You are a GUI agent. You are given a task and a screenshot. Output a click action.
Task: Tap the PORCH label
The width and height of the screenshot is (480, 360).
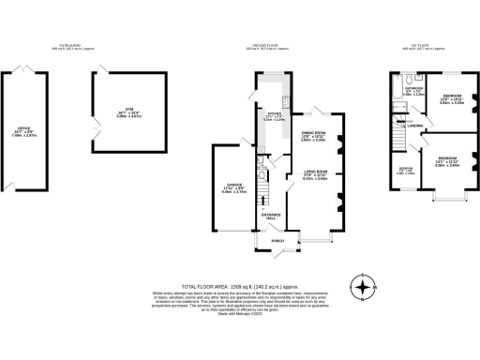[277, 241]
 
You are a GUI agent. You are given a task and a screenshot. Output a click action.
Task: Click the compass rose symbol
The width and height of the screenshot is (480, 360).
[360, 286]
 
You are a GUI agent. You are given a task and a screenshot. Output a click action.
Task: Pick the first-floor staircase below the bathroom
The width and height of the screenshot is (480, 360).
[397, 140]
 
